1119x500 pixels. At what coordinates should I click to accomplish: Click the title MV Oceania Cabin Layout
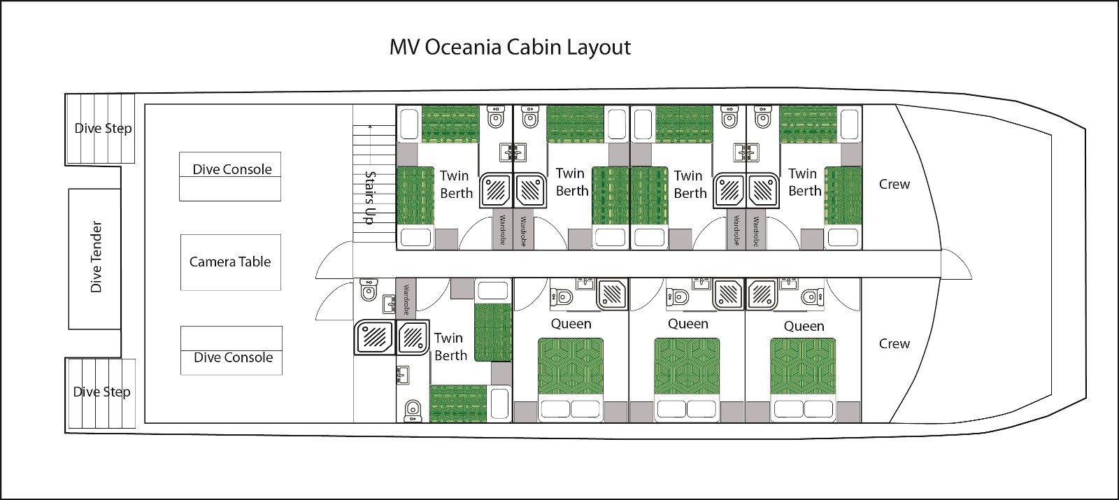(x=510, y=48)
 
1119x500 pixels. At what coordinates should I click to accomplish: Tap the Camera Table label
(x=230, y=262)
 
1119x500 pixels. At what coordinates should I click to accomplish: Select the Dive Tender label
(x=96, y=257)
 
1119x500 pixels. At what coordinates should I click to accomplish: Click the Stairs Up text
(x=370, y=198)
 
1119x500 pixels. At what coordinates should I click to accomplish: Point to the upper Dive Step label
(x=103, y=129)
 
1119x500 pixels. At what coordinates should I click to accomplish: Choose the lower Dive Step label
(x=102, y=392)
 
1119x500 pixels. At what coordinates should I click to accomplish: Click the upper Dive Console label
(x=232, y=169)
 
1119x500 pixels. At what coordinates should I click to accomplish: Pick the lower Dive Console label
(x=234, y=357)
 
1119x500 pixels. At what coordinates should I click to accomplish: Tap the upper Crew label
(x=895, y=185)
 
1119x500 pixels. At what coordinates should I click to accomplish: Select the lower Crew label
(x=895, y=343)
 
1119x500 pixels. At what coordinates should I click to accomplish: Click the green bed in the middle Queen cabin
(x=687, y=366)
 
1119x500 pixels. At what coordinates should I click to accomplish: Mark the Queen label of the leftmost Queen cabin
(x=571, y=324)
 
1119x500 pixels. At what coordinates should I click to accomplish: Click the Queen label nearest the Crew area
(x=804, y=327)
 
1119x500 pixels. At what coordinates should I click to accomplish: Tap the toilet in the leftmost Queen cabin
(x=562, y=298)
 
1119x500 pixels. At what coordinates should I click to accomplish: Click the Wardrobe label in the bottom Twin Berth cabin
(x=406, y=299)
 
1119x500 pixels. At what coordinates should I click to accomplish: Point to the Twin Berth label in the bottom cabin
(x=450, y=347)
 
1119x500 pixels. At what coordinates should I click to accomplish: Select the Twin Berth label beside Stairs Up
(x=456, y=185)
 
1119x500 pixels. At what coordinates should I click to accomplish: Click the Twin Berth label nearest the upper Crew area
(x=805, y=183)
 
